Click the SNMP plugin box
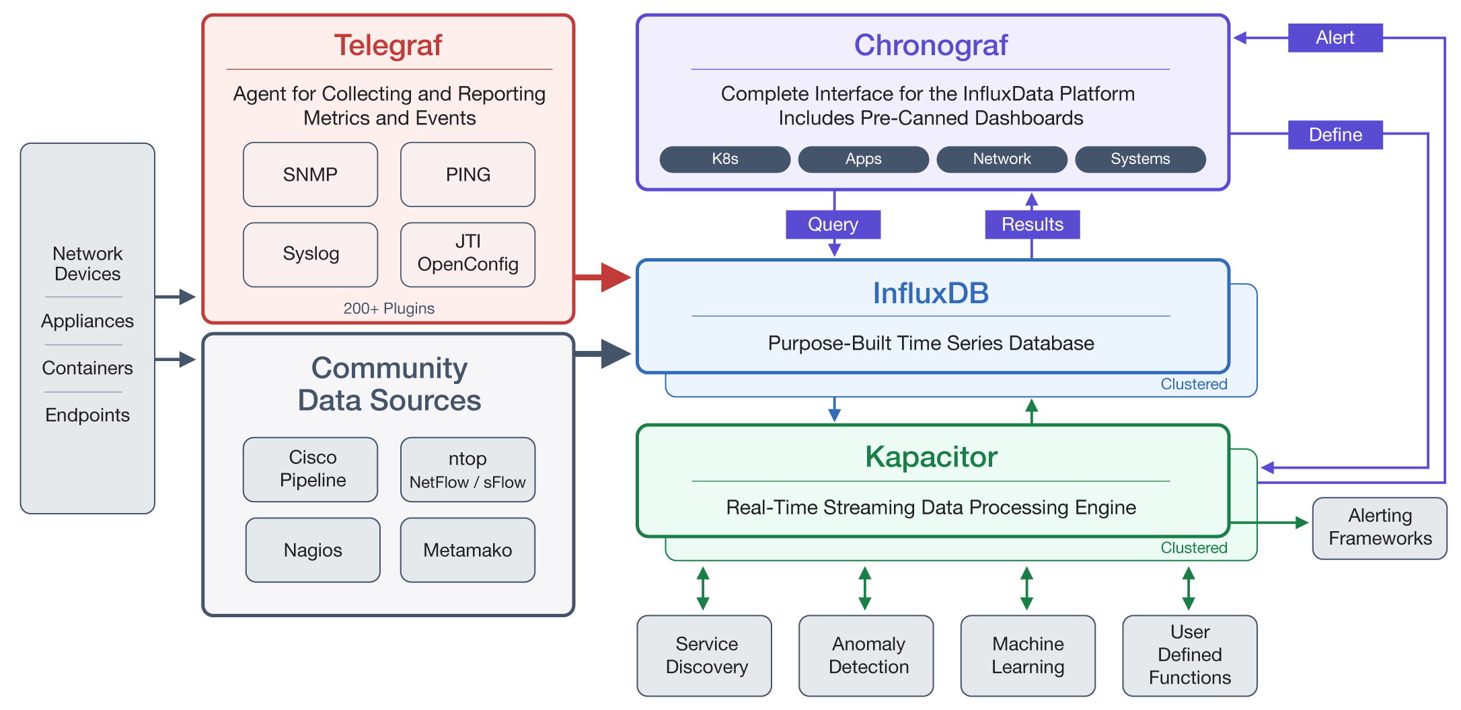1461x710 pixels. pyautogui.click(x=310, y=174)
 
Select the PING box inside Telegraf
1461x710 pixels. pyautogui.click(x=467, y=174)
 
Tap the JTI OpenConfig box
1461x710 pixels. pyautogui.click(x=467, y=254)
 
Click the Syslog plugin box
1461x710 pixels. pyautogui.click(x=310, y=254)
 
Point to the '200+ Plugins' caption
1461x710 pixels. pyautogui.click(x=389, y=308)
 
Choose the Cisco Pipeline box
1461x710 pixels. pyautogui.click(x=310, y=469)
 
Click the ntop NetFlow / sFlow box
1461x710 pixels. pyautogui.click(x=467, y=469)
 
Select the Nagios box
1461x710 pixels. pyautogui.click(x=313, y=549)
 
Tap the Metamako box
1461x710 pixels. pyautogui.click(x=467, y=549)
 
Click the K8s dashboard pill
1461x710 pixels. pyautogui.click(x=724, y=159)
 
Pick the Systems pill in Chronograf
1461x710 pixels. pyautogui.click(x=1140, y=159)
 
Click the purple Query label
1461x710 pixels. pyautogui.click(x=833, y=224)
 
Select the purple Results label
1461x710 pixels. pyautogui.click(x=1032, y=224)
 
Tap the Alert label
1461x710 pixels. pyautogui.click(x=1335, y=38)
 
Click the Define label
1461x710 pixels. pyautogui.click(x=1335, y=134)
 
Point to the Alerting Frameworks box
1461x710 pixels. pyautogui.click(x=1380, y=528)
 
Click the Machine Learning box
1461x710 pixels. pyautogui.click(x=1028, y=655)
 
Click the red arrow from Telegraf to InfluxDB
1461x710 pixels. pyautogui.click(x=603, y=277)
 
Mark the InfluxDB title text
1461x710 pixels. pyautogui.click(x=930, y=293)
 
